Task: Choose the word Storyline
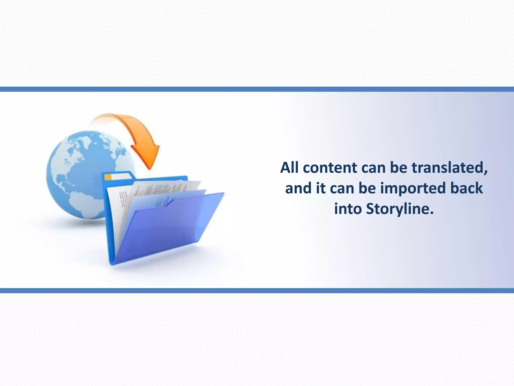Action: (400, 209)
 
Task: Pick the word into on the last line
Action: (348, 209)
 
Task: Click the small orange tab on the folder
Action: (108, 177)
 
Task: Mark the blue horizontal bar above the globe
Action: (257, 89)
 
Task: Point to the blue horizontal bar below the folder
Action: (257, 291)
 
